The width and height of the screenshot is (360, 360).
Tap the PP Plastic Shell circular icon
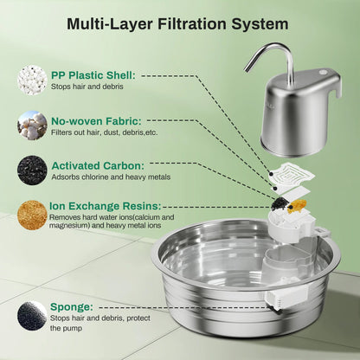32,80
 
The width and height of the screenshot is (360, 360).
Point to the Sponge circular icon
32,315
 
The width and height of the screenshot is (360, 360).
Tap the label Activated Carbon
99,164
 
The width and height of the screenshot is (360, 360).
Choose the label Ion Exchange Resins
109,206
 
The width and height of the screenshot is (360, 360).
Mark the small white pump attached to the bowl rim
274,300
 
